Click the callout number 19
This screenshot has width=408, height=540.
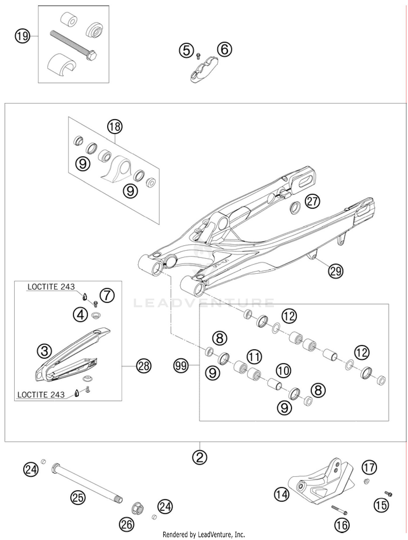[x=22, y=36]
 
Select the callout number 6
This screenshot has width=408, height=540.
[x=225, y=50]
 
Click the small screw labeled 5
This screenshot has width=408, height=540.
[x=198, y=56]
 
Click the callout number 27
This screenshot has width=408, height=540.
[x=312, y=201]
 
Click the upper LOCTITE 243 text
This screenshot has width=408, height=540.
[x=51, y=287]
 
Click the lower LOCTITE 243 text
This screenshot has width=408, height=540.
[x=41, y=395]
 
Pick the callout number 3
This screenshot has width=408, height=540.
[x=44, y=351]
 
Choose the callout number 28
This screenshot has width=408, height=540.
[x=144, y=366]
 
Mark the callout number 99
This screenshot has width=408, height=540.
[x=181, y=365]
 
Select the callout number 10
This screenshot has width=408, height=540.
[x=283, y=371]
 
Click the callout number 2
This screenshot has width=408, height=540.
[x=200, y=457]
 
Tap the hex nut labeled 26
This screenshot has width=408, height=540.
[x=137, y=508]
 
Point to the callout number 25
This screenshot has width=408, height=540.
[x=78, y=497]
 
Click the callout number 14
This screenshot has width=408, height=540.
[x=282, y=494]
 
